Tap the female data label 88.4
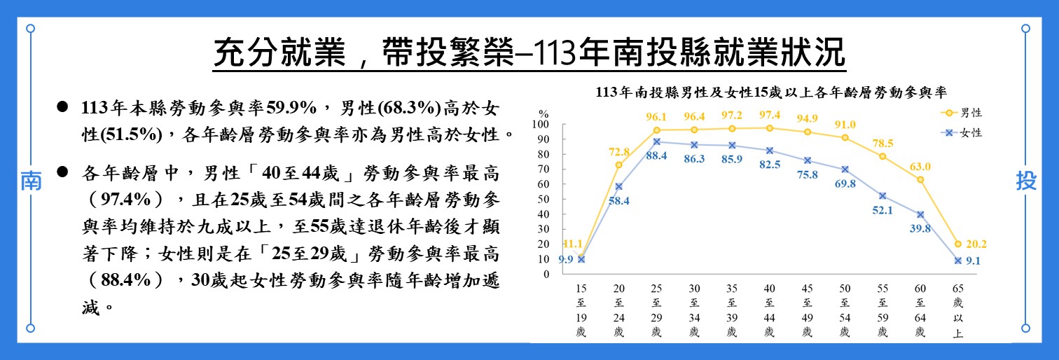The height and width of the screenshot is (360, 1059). [x=656, y=155]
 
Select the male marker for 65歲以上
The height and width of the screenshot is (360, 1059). [x=958, y=244]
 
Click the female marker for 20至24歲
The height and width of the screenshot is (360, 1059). [x=619, y=186]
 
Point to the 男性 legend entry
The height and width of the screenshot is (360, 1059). [x=964, y=112]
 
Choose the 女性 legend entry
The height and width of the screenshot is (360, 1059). [x=964, y=132]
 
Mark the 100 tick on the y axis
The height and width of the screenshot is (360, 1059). [x=543, y=125]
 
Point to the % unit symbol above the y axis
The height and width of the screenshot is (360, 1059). [x=544, y=112]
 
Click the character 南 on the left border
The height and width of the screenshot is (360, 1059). [x=30, y=181]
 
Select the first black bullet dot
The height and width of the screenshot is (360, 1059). [x=62, y=106]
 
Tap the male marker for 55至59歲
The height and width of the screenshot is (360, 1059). [x=882, y=156]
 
